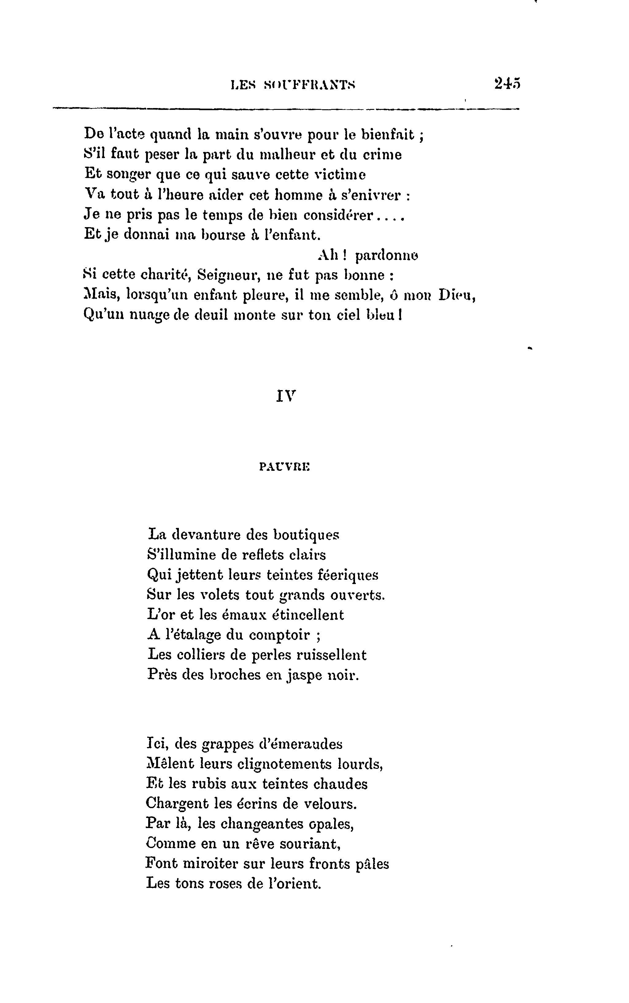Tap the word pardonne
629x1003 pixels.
point(387,255)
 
